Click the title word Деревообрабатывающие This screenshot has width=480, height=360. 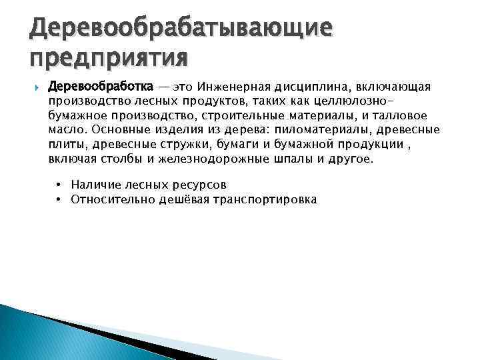(x=181, y=28)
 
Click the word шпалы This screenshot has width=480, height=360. (x=301, y=159)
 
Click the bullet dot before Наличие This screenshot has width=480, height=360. (x=59, y=184)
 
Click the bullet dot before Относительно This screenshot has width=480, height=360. (x=59, y=199)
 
